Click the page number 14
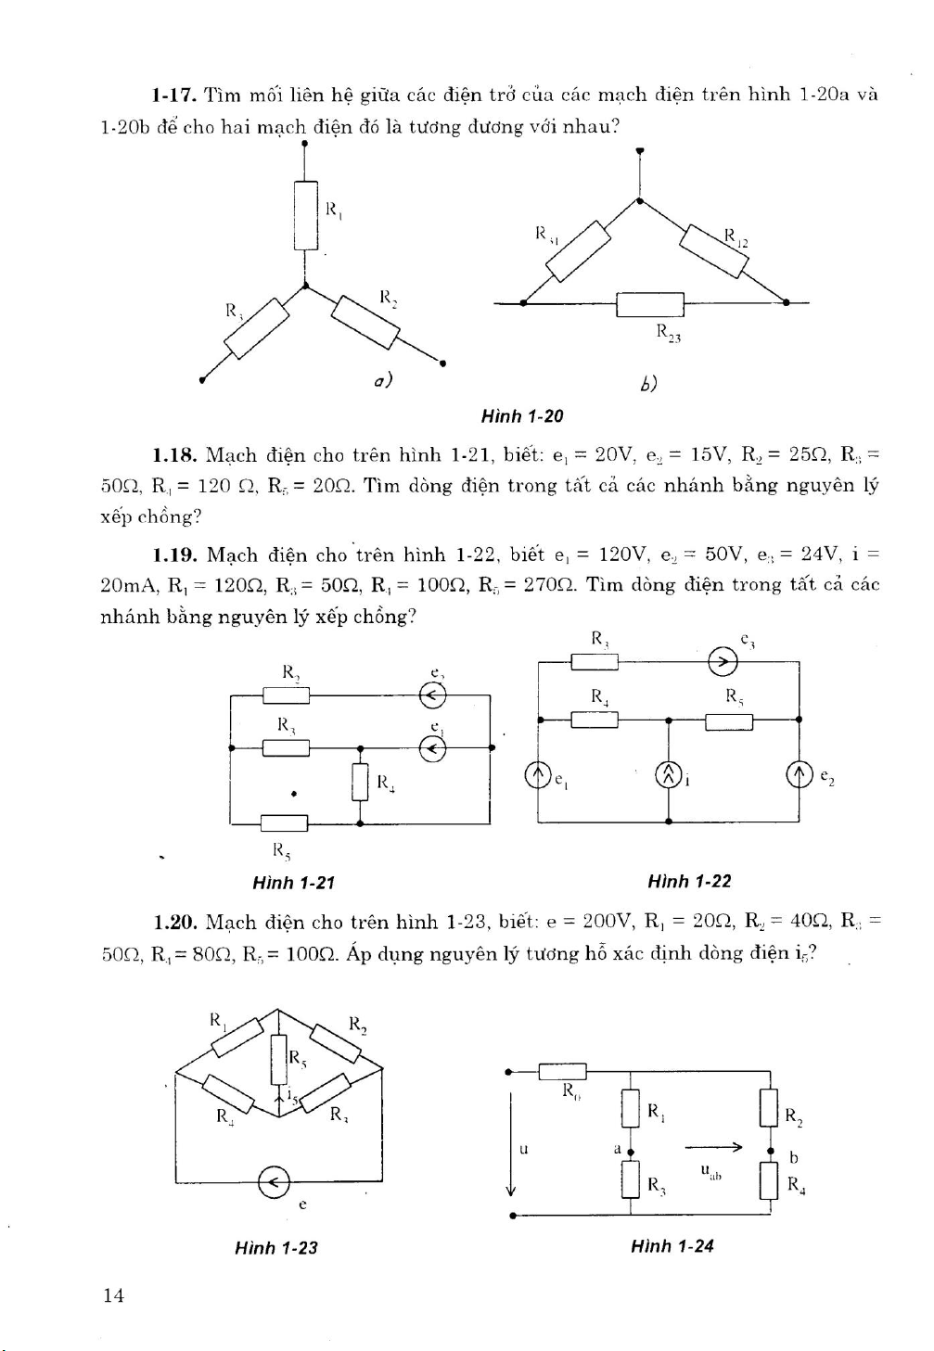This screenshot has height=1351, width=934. tap(113, 1295)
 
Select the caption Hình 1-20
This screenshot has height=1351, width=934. tap(521, 416)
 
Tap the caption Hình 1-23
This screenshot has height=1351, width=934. tap(275, 1248)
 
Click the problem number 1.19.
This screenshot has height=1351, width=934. tap(173, 555)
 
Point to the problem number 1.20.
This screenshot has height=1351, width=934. tap(173, 922)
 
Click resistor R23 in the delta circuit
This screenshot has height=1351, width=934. tap(649, 303)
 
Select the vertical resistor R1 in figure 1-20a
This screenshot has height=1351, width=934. tap(305, 215)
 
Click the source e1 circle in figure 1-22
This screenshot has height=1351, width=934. tap(538, 774)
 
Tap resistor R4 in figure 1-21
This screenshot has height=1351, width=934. tap(360, 781)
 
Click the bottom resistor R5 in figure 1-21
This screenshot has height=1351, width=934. tap(284, 822)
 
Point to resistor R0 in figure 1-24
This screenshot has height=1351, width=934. tap(562, 1072)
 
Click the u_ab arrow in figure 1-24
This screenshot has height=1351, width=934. tap(713, 1148)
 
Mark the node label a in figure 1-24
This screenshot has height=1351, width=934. tap(617, 1149)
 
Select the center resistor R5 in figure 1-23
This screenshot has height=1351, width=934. tap(278, 1059)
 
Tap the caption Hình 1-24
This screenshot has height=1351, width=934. tap(672, 1246)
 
